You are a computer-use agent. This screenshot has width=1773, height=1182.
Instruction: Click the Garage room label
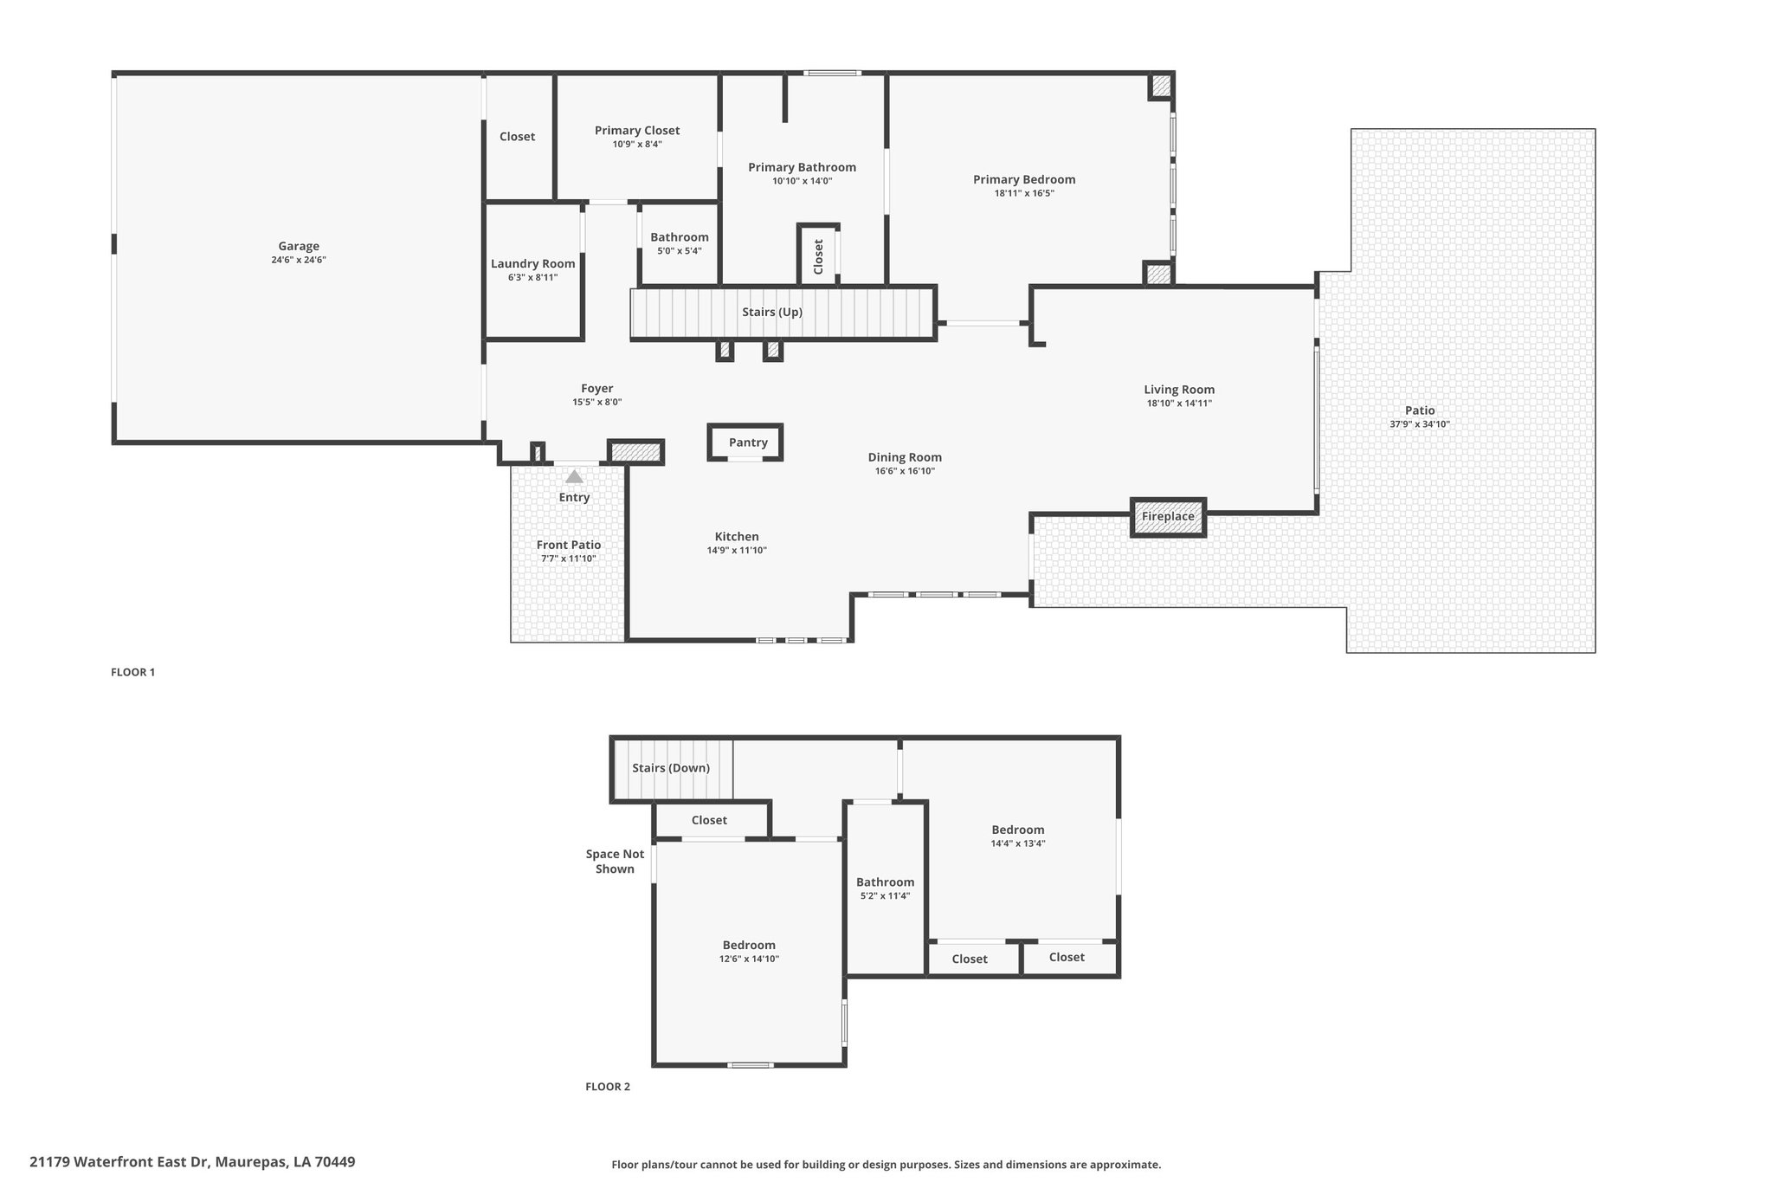(x=299, y=246)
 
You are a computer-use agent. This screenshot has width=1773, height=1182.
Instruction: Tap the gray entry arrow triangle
(x=574, y=476)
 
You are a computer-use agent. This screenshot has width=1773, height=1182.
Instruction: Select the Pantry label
(x=748, y=442)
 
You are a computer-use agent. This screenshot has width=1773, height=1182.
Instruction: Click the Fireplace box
(x=1168, y=517)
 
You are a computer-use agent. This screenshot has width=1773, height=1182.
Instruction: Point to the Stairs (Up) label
(x=772, y=312)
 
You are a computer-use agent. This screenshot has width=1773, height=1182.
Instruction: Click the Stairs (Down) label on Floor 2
(x=671, y=768)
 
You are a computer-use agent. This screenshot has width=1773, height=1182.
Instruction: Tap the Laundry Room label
(x=533, y=264)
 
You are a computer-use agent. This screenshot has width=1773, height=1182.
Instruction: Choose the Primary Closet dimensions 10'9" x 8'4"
(x=637, y=145)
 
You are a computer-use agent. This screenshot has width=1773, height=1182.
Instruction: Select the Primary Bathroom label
(x=803, y=167)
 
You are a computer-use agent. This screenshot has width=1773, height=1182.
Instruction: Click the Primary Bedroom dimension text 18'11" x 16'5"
(x=1024, y=194)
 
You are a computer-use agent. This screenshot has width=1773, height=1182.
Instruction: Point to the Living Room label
(x=1179, y=390)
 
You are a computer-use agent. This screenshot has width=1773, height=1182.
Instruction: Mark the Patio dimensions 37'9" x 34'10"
(x=1420, y=424)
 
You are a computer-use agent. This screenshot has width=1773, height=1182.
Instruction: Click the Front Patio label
(x=569, y=545)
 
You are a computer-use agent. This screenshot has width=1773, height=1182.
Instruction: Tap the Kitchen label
(x=737, y=537)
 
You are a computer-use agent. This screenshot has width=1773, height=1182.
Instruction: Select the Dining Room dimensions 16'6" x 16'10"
(x=905, y=471)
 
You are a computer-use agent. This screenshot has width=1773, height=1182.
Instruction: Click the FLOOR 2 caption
(x=608, y=1087)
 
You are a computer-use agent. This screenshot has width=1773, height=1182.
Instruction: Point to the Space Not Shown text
(x=615, y=862)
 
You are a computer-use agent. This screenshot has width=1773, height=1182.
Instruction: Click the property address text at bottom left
(x=192, y=1162)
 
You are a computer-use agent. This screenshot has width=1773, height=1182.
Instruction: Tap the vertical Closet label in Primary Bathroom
(x=819, y=256)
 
